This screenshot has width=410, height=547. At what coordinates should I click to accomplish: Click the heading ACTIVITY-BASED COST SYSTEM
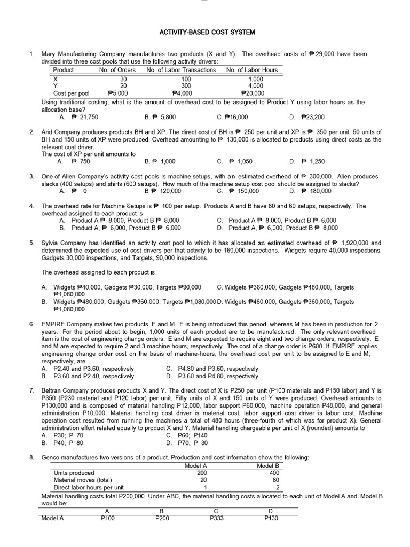[x=208, y=33]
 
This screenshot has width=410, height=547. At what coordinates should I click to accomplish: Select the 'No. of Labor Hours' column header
[x=251, y=69]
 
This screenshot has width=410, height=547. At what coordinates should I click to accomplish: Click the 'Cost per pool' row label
[x=72, y=93]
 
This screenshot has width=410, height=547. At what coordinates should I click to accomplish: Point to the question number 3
[x=31, y=176]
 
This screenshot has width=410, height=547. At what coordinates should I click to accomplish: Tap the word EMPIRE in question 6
[x=54, y=324]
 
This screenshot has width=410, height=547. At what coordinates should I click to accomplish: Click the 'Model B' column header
[x=269, y=466]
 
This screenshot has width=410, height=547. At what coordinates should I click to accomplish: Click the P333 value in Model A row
[x=217, y=518]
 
